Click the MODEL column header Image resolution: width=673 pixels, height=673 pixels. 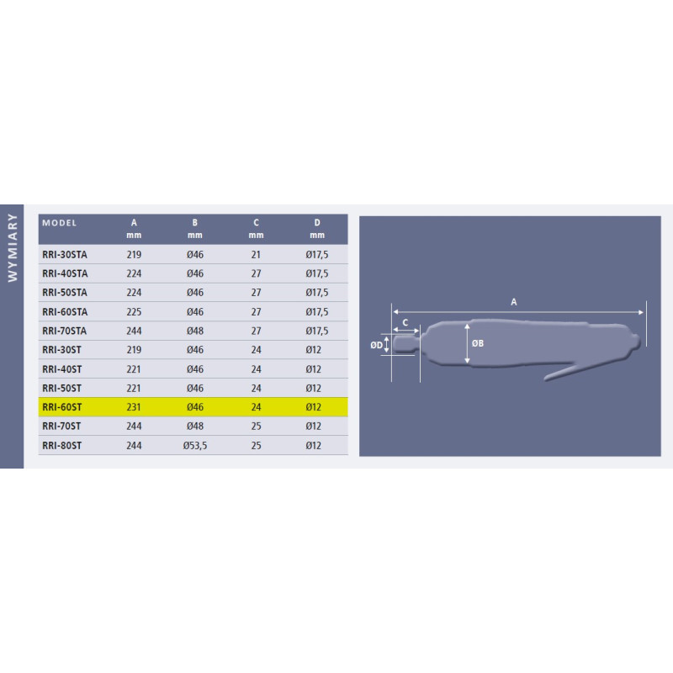coord(59,223)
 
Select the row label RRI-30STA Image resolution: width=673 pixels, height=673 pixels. coord(65,255)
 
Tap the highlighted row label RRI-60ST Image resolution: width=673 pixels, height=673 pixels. coord(61,407)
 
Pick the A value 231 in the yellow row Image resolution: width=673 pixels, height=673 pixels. coord(134,407)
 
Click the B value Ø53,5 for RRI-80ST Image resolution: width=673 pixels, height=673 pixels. coord(195,446)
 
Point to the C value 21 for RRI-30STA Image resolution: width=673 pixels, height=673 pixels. coord(256,255)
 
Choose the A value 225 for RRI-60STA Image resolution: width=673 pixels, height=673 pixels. coord(134,312)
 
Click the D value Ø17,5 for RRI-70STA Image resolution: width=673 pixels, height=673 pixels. coord(317,331)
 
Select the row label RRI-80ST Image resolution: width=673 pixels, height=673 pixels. coord(61,446)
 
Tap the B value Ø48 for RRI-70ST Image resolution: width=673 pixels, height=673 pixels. coord(195,427)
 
